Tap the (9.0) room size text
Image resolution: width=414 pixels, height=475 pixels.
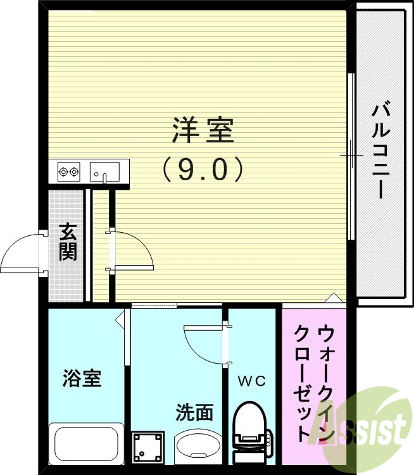(x=203, y=170)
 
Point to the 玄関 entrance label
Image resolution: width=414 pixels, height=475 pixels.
(x=68, y=242)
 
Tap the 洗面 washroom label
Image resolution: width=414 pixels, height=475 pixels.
(x=194, y=412)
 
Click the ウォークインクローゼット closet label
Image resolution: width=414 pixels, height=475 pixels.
(x=313, y=382)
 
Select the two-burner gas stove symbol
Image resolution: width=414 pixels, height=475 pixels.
(x=68, y=171)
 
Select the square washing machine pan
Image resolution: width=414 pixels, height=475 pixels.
(x=149, y=448)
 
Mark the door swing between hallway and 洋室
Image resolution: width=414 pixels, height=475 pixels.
(x=133, y=250)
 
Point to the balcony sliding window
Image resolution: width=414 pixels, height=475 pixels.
(x=351, y=156)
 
